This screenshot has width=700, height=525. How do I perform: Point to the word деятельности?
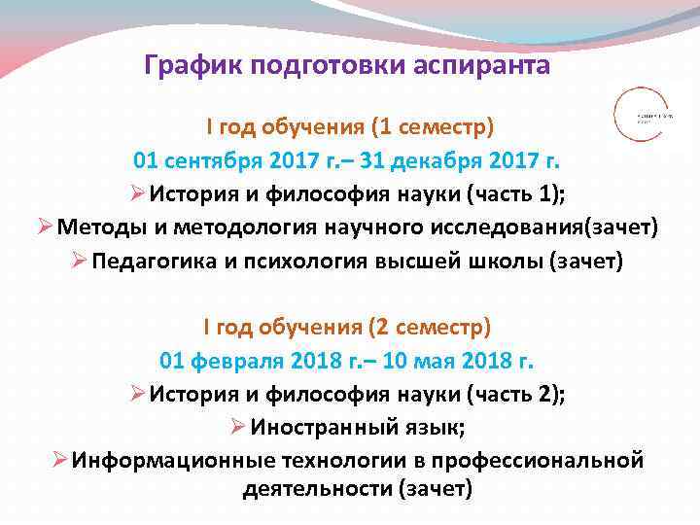316,488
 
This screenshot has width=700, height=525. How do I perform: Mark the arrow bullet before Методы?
45,227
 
